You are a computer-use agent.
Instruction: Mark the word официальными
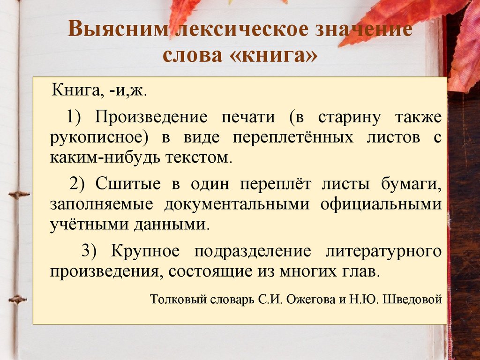point(382,204)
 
